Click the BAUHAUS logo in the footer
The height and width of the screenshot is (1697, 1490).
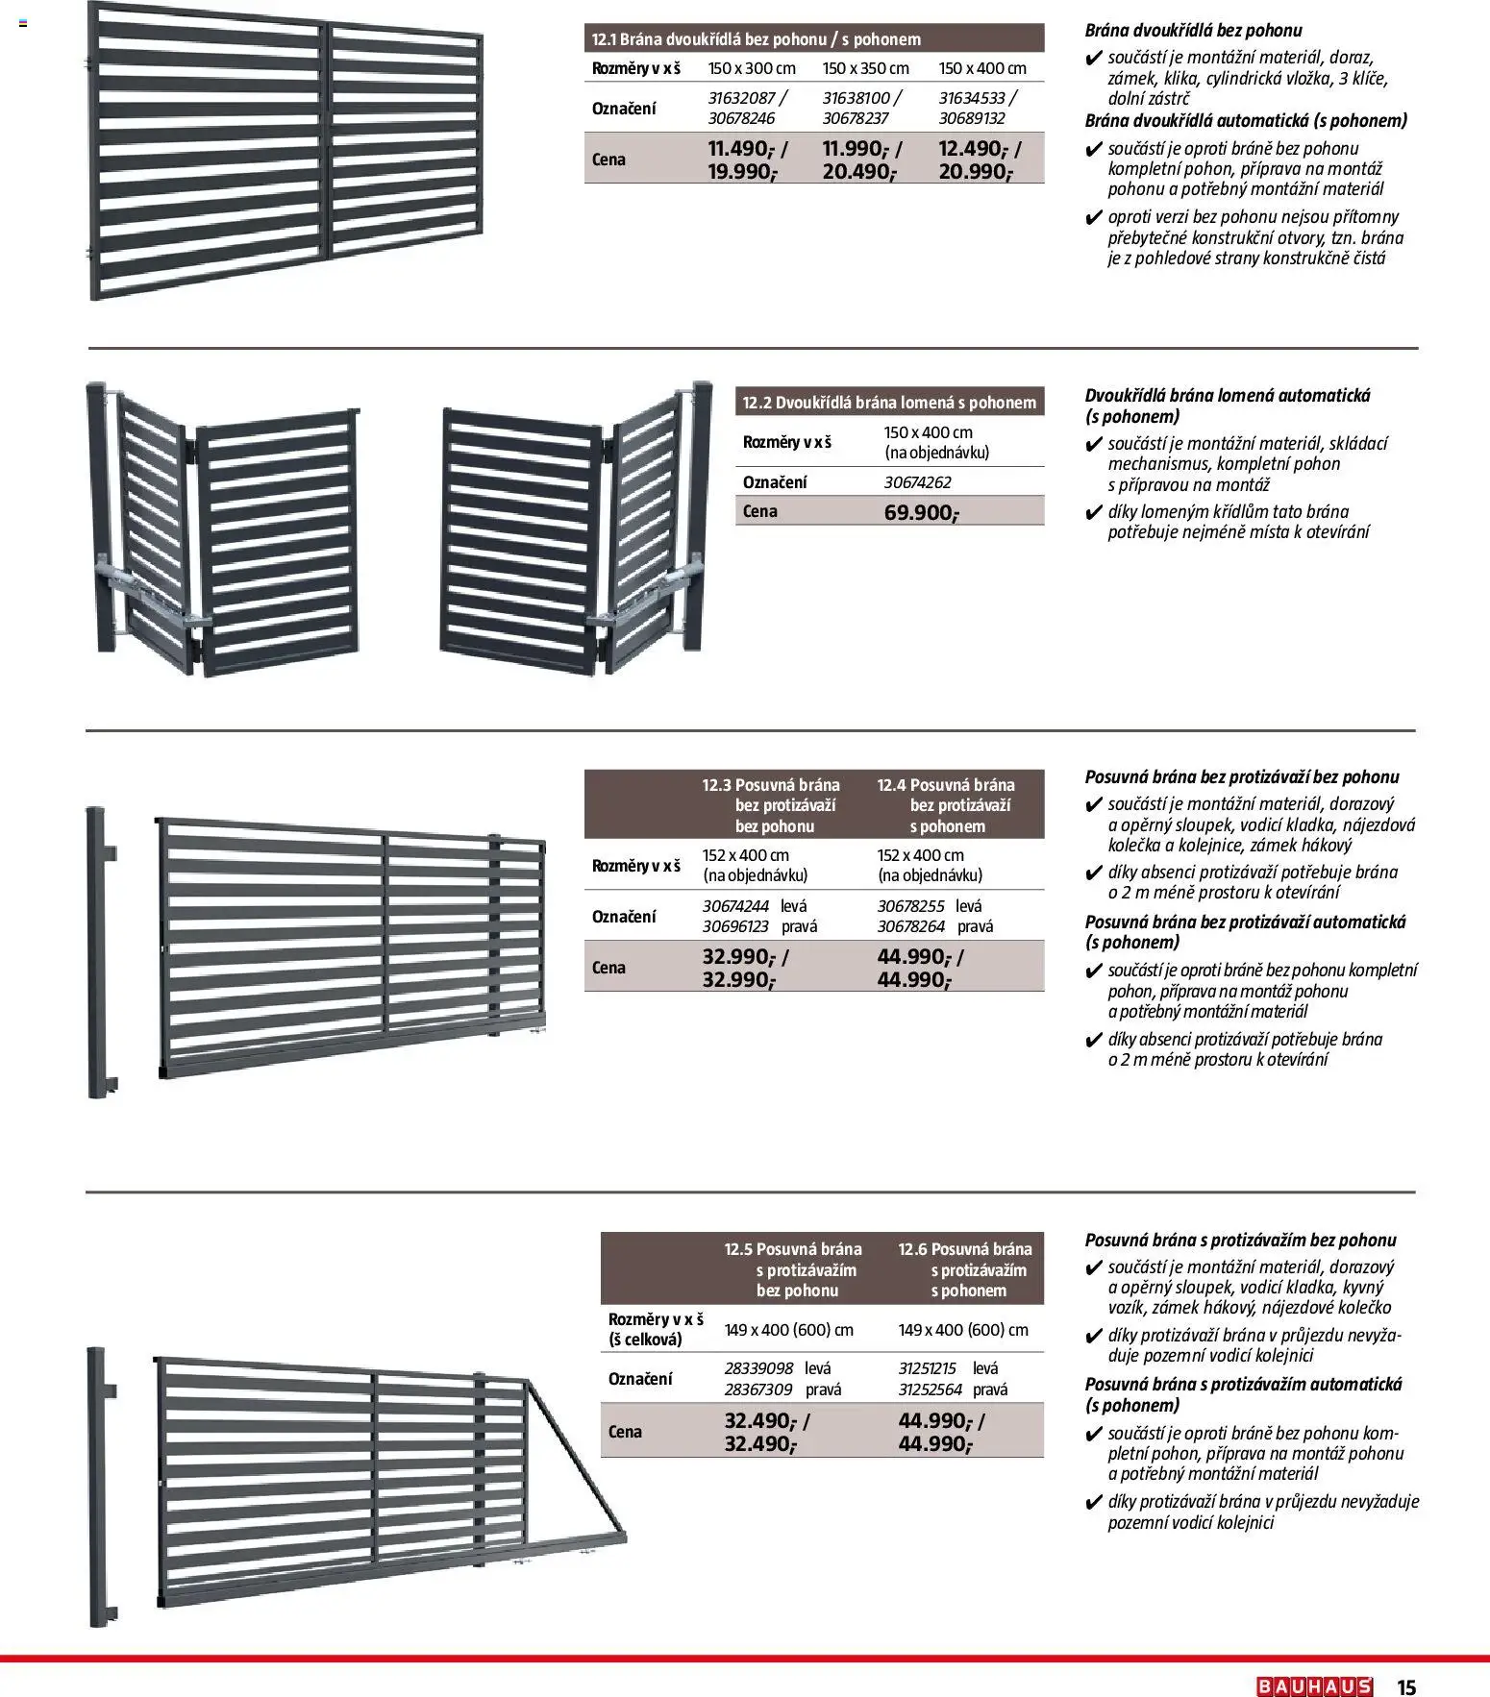[x=1314, y=1686]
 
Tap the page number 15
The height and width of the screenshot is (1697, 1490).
[x=1406, y=1687]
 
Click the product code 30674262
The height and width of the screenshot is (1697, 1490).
[x=917, y=482]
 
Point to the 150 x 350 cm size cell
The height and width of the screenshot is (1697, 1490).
[x=865, y=68]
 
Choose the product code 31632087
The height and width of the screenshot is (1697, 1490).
[x=741, y=97]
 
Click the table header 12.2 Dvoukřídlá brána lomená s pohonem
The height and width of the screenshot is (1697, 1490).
[x=889, y=403]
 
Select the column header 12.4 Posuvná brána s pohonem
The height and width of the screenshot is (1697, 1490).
[x=948, y=805]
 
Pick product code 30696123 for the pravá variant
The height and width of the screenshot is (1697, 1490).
[x=735, y=926]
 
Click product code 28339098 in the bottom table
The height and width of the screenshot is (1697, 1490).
[x=758, y=1368]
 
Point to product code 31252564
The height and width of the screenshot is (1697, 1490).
[x=930, y=1390]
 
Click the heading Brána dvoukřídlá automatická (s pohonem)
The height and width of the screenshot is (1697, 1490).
[x=1246, y=121]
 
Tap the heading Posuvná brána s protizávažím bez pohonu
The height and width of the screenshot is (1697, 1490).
[x=1240, y=1241]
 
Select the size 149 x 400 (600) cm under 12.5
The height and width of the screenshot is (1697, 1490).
[x=788, y=1330]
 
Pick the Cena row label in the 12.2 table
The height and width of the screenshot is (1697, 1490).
[x=759, y=511]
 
